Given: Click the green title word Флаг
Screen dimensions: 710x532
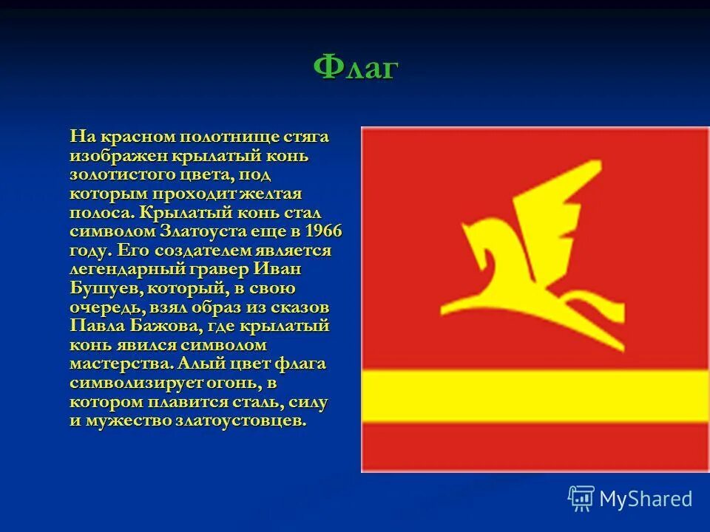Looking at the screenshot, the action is (x=356, y=69).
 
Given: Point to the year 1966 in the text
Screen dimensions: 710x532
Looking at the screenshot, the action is (x=324, y=231).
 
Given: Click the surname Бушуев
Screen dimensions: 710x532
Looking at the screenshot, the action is (x=106, y=288).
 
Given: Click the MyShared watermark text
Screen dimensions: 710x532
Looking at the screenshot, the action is (x=646, y=499).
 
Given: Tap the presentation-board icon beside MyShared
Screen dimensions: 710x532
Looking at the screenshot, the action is (x=581, y=499).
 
